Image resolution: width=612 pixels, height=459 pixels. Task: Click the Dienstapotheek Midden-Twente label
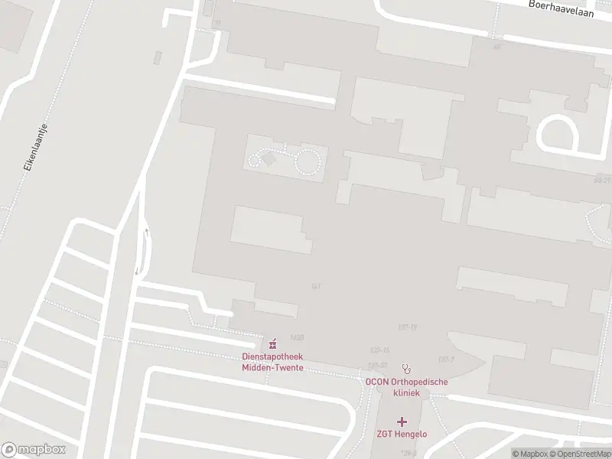point(272,362)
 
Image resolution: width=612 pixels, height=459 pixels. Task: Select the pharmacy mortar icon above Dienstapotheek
point(272,341)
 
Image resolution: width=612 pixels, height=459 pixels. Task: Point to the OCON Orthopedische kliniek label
point(406,387)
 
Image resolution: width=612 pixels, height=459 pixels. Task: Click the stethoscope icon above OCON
point(406,367)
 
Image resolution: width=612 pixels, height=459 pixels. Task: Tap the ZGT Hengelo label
point(402,435)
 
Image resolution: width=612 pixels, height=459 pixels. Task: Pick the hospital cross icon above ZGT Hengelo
point(402,422)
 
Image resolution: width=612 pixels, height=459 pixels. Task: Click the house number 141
point(315,286)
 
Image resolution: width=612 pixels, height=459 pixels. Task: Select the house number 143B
point(298,337)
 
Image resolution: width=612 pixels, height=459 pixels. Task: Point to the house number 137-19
point(407,327)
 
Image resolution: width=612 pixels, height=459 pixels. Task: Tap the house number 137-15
point(380,350)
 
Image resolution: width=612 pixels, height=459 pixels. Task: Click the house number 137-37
point(377,366)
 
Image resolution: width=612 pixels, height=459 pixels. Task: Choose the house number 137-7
point(446,359)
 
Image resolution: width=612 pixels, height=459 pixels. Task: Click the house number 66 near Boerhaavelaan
point(497,47)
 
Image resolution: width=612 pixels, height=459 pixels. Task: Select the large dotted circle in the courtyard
point(308,161)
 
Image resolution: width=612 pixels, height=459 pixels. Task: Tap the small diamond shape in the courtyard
point(269,158)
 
